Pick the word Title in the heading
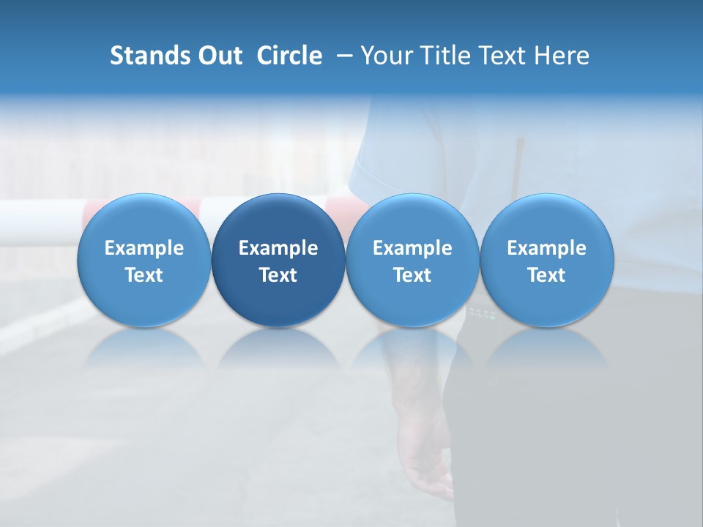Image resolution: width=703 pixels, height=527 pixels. pos(443,56)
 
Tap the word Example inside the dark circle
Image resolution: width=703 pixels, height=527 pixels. pos(278,248)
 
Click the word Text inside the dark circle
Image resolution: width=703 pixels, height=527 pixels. pos(278,275)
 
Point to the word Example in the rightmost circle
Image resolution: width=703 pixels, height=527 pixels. pos(546,248)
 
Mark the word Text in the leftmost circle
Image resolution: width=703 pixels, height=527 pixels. pos(144,275)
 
